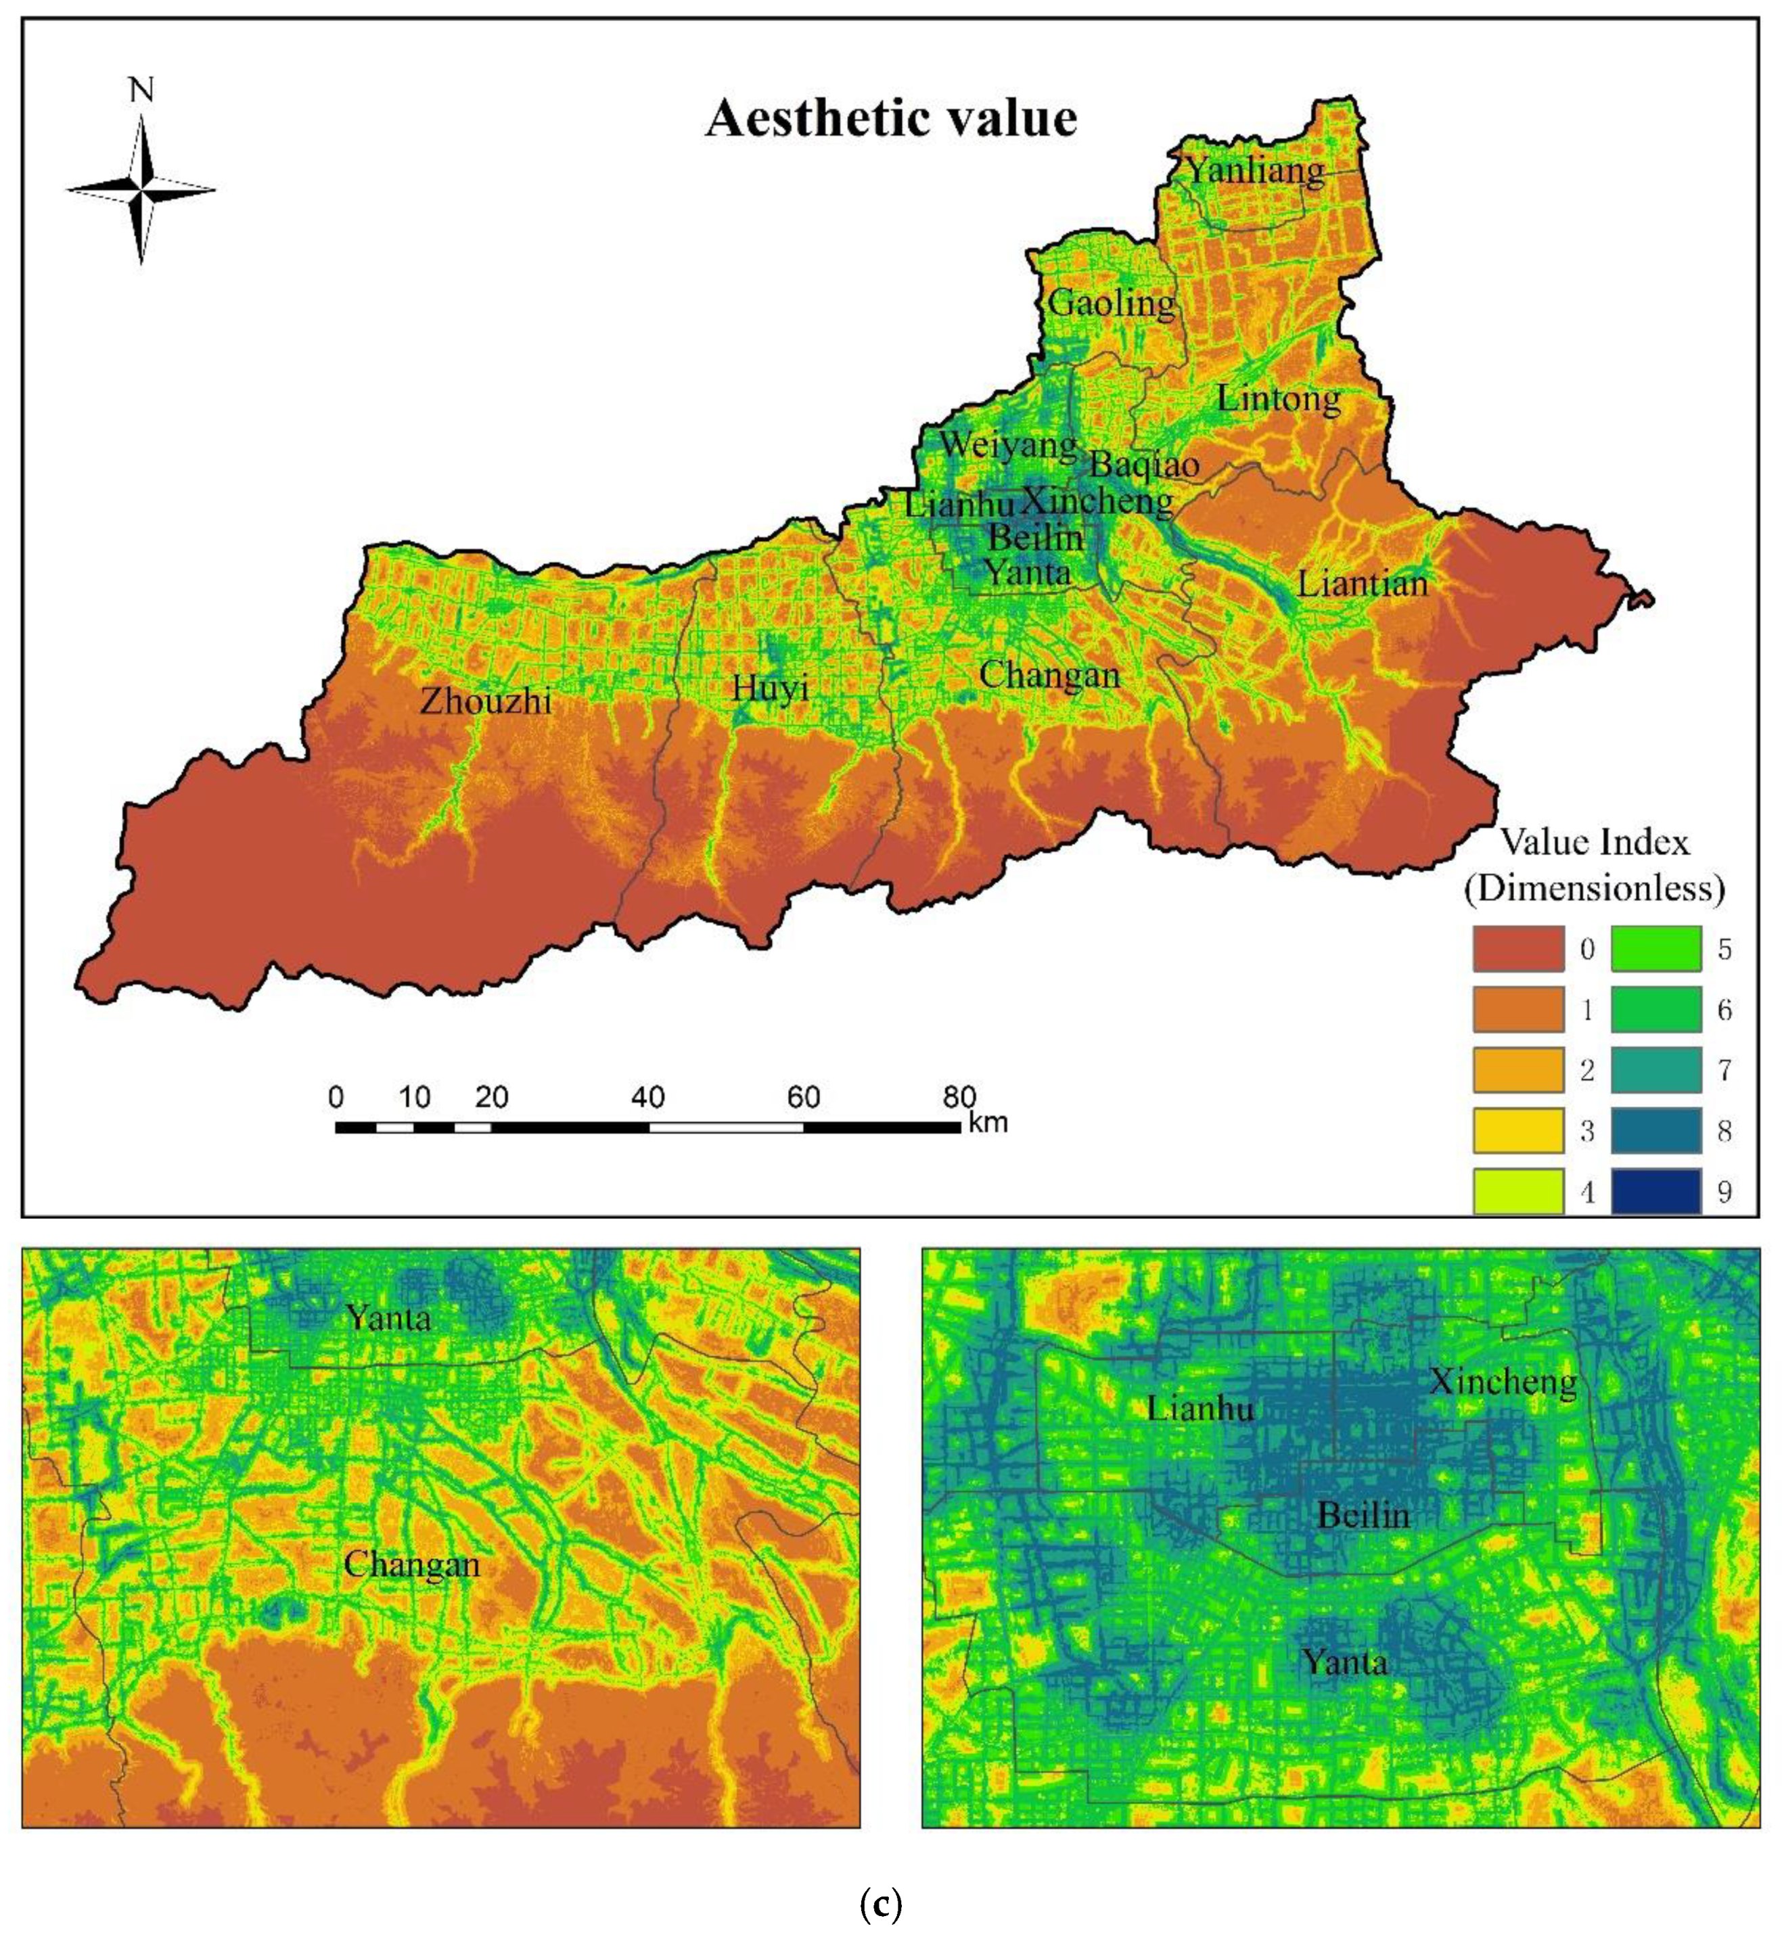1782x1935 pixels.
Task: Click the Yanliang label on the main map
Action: tap(1254, 170)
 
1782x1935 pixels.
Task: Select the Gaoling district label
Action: tap(1112, 303)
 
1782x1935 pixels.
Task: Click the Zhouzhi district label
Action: tap(486, 701)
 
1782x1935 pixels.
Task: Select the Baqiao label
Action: tap(1145, 465)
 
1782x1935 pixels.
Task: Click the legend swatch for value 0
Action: tap(1517, 949)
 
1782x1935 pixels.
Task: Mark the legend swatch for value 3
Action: tap(1517, 1131)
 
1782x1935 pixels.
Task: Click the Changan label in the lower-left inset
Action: tap(412, 1564)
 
